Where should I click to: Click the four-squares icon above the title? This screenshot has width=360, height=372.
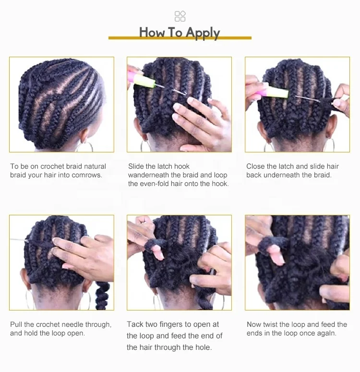pos(180,16)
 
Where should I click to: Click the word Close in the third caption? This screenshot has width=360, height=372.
pos(255,166)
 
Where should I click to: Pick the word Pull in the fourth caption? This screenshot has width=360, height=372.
pos(16,324)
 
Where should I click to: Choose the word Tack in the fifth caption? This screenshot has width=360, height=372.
pos(135,324)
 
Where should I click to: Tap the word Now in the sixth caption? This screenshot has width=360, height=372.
pos(254,324)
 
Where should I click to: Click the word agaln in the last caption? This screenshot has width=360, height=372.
pos(326,333)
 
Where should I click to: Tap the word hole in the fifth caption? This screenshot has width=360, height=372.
pos(203,347)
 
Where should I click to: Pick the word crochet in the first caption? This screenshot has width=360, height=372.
pos(52,166)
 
